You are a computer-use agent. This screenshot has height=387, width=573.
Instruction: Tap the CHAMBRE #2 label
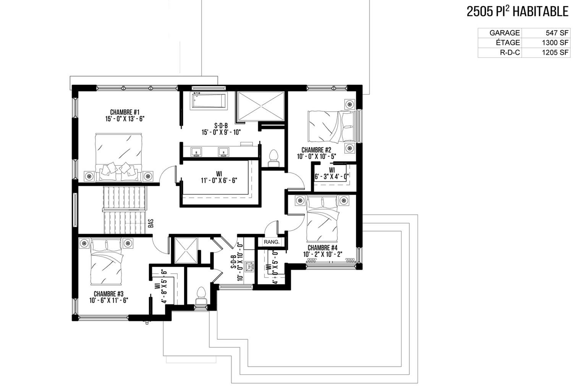pos(316,150)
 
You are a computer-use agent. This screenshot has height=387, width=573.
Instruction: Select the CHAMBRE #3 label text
pos(108,294)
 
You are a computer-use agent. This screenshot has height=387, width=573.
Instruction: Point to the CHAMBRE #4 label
pos(322,248)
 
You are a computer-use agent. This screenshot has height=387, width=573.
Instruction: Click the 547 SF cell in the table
pos(557,33)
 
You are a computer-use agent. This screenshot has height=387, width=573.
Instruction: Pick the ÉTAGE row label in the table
pos(508,42)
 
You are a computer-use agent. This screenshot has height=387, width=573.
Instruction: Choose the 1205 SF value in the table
pos(555,52)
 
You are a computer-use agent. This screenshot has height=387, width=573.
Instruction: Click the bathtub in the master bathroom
pos(209,101)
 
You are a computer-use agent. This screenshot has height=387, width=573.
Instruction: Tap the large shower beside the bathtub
pos(261,106)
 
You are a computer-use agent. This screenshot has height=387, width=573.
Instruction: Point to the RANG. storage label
pos(272,242)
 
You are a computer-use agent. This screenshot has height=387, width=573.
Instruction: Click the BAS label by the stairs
pos(151,223)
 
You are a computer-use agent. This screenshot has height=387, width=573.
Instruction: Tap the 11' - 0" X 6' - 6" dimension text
pos(219,180)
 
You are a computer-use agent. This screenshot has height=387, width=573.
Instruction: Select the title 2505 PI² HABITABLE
pos(518,12)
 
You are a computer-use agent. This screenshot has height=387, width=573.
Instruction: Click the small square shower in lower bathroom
pos(186,250)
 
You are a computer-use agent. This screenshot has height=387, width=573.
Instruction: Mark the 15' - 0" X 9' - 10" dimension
pos(221,132)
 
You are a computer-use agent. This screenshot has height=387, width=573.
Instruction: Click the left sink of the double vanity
pos(196,151)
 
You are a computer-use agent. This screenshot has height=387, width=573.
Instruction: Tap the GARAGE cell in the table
pos(505,33)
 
